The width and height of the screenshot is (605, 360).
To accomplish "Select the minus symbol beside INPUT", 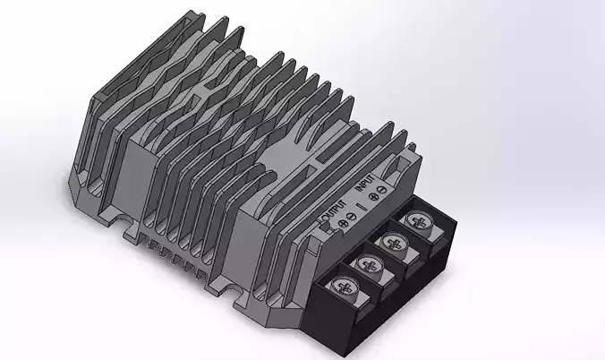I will pos(382,192).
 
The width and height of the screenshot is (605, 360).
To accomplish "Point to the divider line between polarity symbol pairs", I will pos(361,208).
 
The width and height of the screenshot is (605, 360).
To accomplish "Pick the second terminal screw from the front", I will pos(366,265).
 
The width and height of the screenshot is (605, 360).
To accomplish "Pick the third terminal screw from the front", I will pos(392,242).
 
